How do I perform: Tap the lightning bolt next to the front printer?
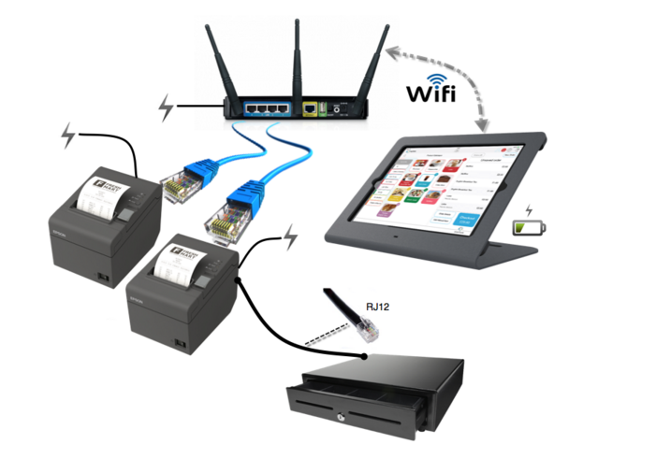click(291, 236)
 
